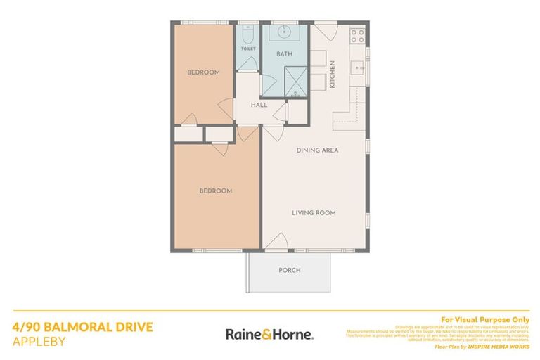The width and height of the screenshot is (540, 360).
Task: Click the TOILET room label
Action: click(247, 49)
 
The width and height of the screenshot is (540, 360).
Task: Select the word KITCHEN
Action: click(333, 75)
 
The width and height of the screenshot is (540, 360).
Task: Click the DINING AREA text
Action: click(318, 150)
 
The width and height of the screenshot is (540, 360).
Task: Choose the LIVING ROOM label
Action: click(314, 212)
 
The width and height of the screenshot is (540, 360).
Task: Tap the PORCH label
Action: click(289, 270)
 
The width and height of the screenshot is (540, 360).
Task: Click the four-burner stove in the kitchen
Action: click(357, 34)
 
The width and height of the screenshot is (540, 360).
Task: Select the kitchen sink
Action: click(357, 68)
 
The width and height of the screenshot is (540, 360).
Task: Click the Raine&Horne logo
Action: click(269, 334)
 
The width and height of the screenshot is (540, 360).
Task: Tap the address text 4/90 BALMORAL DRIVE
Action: click(82, 327)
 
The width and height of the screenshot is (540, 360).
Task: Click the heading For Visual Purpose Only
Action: click(484, 319)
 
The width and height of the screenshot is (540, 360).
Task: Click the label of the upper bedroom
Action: click(203, 72)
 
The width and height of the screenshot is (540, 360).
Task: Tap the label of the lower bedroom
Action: click(215, 191)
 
